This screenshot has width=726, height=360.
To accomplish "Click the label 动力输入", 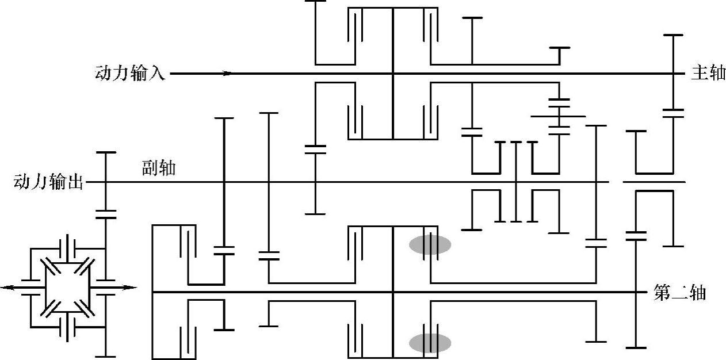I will pos(131,74).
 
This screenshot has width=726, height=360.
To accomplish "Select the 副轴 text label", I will pos(159,168).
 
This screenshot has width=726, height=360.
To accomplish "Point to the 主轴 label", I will pos(708,74).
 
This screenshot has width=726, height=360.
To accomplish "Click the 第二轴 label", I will pos(680,293).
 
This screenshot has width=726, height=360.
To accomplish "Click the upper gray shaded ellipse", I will pos(430,244).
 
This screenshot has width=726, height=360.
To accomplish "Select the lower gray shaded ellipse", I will pos(430,343).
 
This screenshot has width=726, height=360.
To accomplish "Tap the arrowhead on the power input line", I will pos(228,74).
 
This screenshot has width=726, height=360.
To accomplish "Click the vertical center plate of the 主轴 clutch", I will pos(393,74).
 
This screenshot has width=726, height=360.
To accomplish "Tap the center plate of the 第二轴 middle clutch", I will pos(393,292).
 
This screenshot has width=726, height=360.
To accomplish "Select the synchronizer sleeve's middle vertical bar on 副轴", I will pos(516,181).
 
